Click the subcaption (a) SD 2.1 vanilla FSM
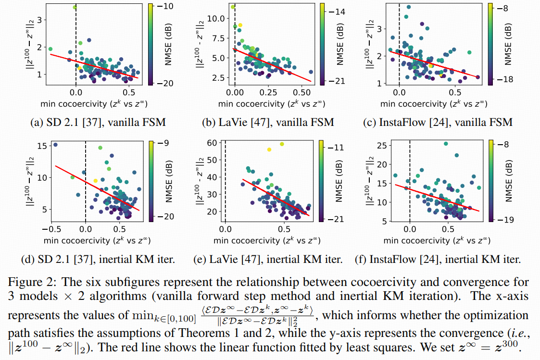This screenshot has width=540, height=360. point(98,122)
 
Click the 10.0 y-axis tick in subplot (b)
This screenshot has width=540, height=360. point(213,18)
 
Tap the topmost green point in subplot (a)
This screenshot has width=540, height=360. point(75,7)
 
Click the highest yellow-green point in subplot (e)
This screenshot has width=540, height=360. point(282,144)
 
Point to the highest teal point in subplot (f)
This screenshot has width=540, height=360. point(446,144)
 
